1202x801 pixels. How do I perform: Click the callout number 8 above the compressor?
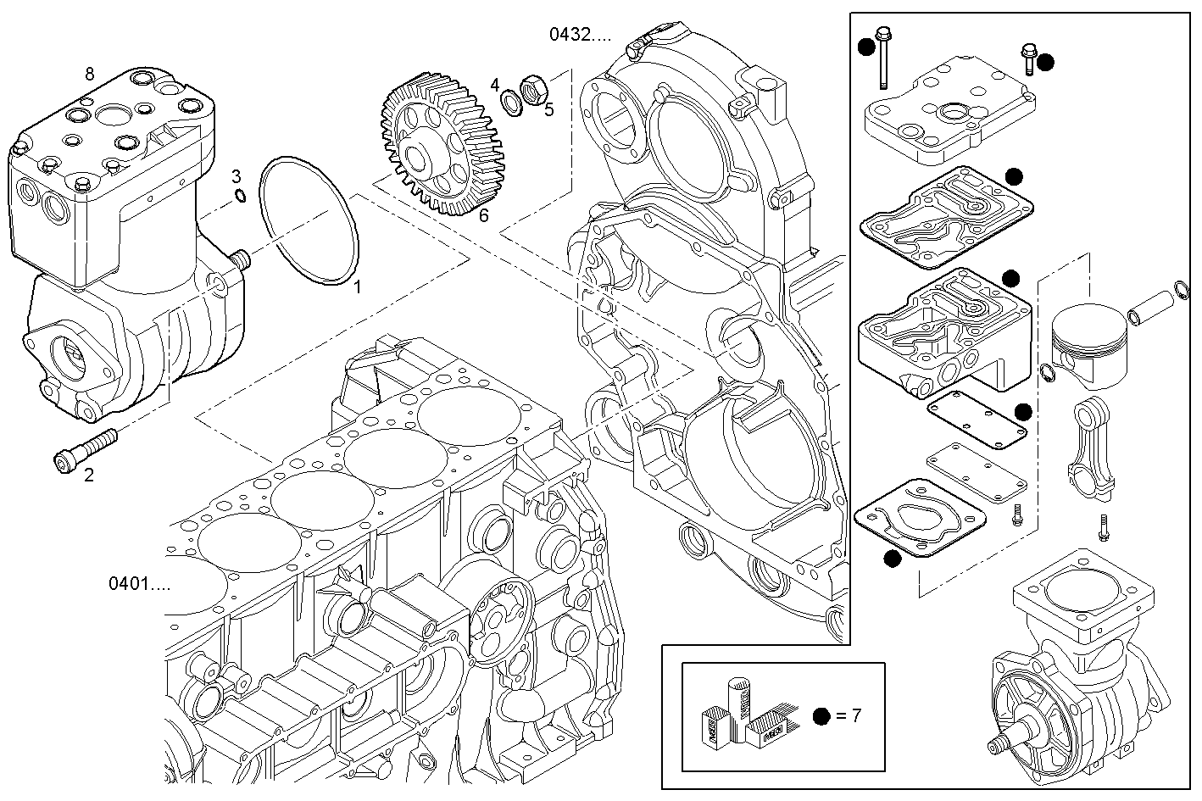[x=90, y=74]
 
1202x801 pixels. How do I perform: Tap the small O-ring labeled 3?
[x=240, y=197]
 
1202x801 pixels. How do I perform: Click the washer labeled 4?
[x=511, y=103]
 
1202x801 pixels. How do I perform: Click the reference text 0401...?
[x=139, y=583]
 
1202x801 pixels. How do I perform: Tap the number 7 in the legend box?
[x=856, y=715]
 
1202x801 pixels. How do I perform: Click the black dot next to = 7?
[x=820, y=716]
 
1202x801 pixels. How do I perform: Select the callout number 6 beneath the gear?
[x=483, y=215]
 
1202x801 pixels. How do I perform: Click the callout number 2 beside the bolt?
[x=88, y=475]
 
